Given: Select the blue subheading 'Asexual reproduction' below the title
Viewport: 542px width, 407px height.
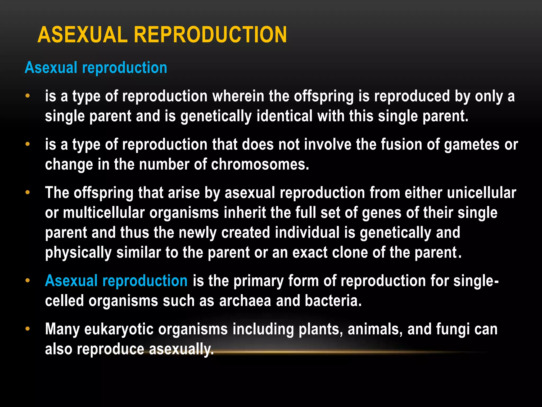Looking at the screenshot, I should [x=96, y=68].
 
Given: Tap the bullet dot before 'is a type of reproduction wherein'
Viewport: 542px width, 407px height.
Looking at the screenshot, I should [x=28, y=96].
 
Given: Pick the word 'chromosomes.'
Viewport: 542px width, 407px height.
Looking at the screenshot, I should [x=260, y=165].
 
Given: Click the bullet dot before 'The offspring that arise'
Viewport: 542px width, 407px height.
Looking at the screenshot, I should [x=28, y=193].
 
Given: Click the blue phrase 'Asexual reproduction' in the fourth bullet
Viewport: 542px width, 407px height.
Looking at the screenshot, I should [x=116, y=281].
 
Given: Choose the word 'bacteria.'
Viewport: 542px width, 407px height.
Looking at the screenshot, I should [x=333, y=301].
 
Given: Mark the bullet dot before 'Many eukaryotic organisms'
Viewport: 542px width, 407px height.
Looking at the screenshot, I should [x=28, y=329].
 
